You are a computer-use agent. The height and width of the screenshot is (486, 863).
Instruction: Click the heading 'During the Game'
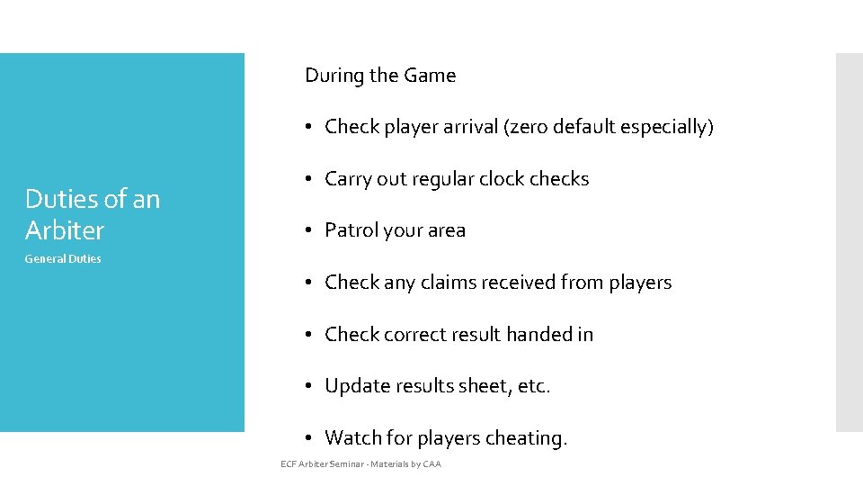[x=380, y=76]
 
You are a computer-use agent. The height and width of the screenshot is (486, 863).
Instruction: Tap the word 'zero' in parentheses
[x=529, y=127]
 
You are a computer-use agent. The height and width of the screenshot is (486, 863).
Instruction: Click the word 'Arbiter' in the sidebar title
[x=65, y=230]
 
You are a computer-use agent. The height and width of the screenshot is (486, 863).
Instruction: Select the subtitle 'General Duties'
[x=63, y=259]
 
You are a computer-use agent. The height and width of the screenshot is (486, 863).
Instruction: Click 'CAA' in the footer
[x=431, y=464]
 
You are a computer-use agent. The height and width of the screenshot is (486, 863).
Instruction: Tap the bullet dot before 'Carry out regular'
[x=307, y=180]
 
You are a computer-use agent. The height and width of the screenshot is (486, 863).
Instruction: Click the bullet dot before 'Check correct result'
[x=307, y=335]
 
